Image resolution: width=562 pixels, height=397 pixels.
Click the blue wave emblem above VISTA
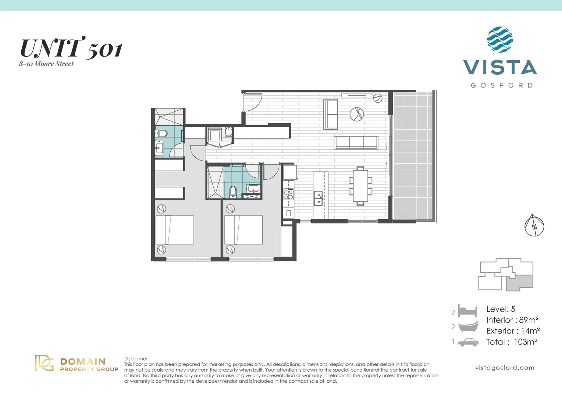point(500,39)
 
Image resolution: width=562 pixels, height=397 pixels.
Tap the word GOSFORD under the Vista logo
point(502,85)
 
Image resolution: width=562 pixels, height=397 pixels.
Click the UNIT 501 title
point(71,49)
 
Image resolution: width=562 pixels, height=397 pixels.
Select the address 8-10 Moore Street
point(46,64)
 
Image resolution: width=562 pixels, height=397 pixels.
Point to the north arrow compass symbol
point(534,225)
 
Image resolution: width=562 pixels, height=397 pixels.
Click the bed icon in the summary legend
point(467,311)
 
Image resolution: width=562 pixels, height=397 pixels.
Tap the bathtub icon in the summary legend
point(468,326)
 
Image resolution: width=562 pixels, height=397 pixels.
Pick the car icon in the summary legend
point(468,342)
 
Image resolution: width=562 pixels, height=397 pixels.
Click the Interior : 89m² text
point(512,320)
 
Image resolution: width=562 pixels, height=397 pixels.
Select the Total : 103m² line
point(512,342)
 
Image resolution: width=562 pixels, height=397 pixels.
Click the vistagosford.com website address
point(505,368)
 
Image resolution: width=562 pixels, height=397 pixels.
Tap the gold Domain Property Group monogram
point(44,363)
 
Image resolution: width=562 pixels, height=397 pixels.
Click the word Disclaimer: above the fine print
point(136,359)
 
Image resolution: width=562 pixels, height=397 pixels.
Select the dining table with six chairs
point(360,186)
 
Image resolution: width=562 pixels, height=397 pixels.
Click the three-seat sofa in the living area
point(356,143)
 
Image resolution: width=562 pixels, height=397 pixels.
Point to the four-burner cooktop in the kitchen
point(288,194)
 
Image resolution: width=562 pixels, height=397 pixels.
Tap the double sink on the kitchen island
point(319,198)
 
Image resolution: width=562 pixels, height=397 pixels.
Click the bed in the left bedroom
point(175,230)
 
